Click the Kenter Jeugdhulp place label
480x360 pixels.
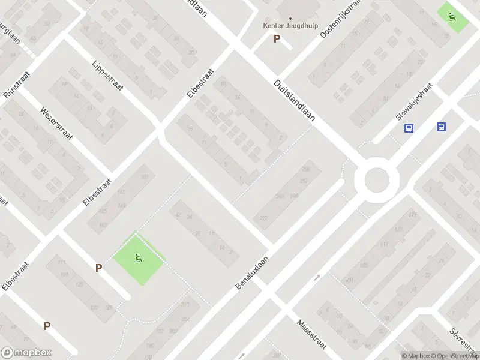pos(290,25)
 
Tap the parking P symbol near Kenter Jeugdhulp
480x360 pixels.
pos(277,39)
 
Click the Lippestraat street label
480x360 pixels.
pos(108,76)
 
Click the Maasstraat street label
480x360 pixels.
pos(311,334)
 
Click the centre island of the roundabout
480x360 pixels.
pos(377,179)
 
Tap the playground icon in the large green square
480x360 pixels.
pos(139,259)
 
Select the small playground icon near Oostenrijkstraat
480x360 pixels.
pos(452,16)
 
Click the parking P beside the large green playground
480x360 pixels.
pos(98,268)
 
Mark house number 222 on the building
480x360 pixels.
pos(263,218)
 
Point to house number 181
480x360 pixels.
pos(144,177)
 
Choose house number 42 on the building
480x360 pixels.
pos(178,214)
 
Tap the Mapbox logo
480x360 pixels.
pos(26,353)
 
